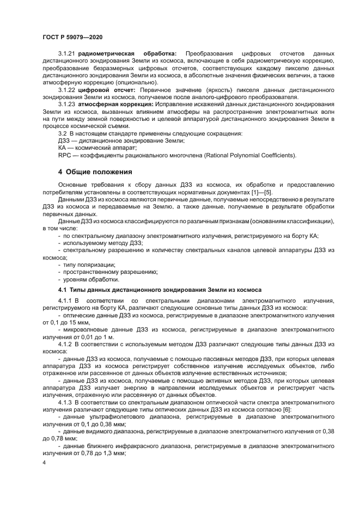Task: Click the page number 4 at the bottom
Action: point(45,463)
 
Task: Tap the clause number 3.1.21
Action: point(67,54)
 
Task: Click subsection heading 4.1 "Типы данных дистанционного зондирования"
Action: point(160,290)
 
